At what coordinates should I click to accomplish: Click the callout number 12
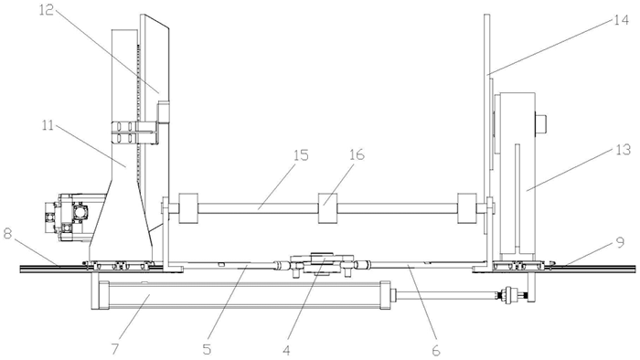(x=46, y=10)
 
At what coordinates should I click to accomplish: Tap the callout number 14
(x=622, y=20)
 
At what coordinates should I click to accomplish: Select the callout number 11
(x=48, y=125)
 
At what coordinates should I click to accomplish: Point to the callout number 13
(x=624, y=150)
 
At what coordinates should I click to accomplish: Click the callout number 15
(x=301, y=155)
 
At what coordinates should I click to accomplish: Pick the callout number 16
(x=357, y=155)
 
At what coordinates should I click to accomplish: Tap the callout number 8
(x=7, y=235)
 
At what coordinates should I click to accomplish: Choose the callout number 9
(x=620, y=243)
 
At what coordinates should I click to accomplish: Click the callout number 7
(x=114, y=349)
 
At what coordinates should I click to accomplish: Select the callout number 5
(x=207, y=349)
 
